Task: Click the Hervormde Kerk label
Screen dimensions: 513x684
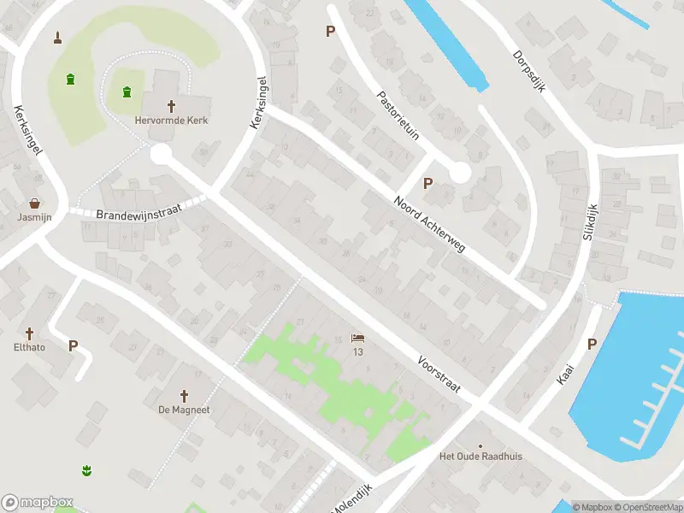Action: (x=171, y=121)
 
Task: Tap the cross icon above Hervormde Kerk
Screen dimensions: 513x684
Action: (x=171, y=106)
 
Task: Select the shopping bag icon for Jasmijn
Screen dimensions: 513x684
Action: (x=34, y=203)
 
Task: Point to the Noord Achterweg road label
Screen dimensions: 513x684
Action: (x=429, y=225)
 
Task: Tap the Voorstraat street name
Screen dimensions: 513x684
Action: (x=439, y=374)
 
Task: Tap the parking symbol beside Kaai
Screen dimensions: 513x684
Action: (x=592, y=344)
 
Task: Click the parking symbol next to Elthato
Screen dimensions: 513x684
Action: (x=73, y=346)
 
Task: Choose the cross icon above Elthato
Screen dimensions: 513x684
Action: (x=29, y=333)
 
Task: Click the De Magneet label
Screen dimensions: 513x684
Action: (x=184, y=410)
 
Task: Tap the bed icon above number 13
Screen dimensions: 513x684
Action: (x=357, y=339)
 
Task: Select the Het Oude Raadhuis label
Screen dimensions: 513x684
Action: (x=481, y=456)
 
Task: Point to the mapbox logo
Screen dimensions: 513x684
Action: (x=38, y=503)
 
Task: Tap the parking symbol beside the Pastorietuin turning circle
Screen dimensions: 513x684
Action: (x=427, y=182)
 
